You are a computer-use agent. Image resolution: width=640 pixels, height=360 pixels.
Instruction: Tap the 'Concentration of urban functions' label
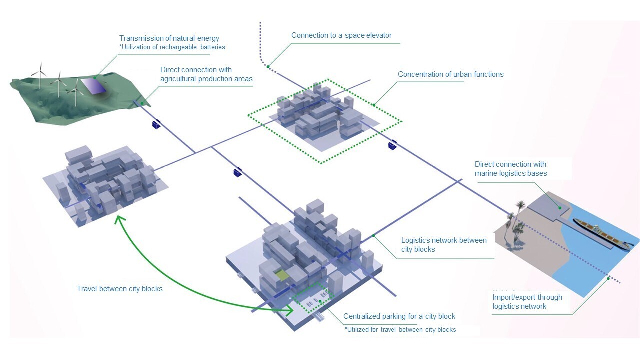click(x=450, y=75)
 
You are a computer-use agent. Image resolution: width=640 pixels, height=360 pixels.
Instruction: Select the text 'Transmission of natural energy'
click(x=169, y=38)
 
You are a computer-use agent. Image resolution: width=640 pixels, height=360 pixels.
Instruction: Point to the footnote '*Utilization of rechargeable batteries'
click(x=172, y=47)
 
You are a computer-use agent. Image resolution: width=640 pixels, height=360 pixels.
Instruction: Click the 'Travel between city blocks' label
click(x=119, y=289)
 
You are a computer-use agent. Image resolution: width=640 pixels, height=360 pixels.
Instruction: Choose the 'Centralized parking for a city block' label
click(x=399, y=316)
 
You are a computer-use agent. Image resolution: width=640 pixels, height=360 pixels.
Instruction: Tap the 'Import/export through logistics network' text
click(x=527, y=302)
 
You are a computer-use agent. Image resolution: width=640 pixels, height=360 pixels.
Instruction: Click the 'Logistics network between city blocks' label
click(x=444, y=245)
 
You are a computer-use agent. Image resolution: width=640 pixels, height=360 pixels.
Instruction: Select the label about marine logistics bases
click(x=511, y=169)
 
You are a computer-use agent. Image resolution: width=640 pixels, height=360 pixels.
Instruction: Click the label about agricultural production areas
click(x=206, y=74)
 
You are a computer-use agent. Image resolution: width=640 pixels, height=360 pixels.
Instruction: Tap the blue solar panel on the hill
click(x=93, y=86)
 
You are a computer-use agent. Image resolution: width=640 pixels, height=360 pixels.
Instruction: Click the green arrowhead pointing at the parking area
click(x=289, y=310)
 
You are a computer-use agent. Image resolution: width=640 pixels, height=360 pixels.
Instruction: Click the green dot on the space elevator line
click(x=268, y=65)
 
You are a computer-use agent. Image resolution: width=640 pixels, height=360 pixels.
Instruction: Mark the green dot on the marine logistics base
click(x=560, y=207)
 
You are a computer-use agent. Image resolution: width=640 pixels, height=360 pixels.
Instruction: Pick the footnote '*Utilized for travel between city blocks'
click(x=400, y=329)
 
